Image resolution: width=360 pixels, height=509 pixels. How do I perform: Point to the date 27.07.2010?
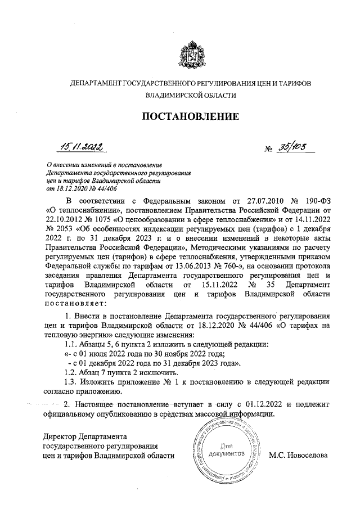[251, 200]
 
